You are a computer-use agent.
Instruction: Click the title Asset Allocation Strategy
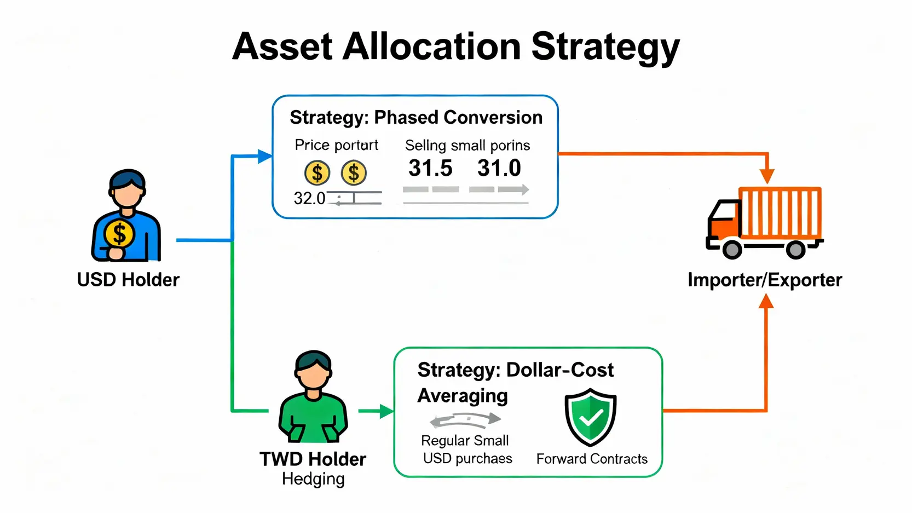pos(456,47)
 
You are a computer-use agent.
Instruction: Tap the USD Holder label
pos(128,280)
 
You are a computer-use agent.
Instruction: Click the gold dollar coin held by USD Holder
pos(119,234)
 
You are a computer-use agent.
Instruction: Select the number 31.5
pos(430,168)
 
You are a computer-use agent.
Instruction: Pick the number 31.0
pos(499,168)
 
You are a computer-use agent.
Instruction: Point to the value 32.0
pos(309,199)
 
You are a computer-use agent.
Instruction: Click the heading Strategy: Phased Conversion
pos(416,118)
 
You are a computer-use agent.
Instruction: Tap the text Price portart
pos(336,145)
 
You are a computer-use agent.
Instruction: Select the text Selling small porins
pos(467,146)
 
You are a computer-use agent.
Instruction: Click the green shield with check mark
pos(590,417)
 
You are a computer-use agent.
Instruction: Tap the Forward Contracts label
pos(592,459)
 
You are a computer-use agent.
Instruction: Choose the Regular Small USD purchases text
pos(466,449)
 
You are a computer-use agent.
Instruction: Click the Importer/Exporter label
pos(765,280)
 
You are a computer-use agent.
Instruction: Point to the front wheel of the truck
pos(732,249)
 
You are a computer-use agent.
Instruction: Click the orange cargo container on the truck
pos(780,212)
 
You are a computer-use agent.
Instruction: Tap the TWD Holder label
pos(313,459)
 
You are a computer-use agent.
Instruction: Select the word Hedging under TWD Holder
pos(313,479)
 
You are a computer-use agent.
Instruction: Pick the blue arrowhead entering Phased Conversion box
pos(265,156)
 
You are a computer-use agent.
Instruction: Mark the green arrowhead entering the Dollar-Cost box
pos(387,411)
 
